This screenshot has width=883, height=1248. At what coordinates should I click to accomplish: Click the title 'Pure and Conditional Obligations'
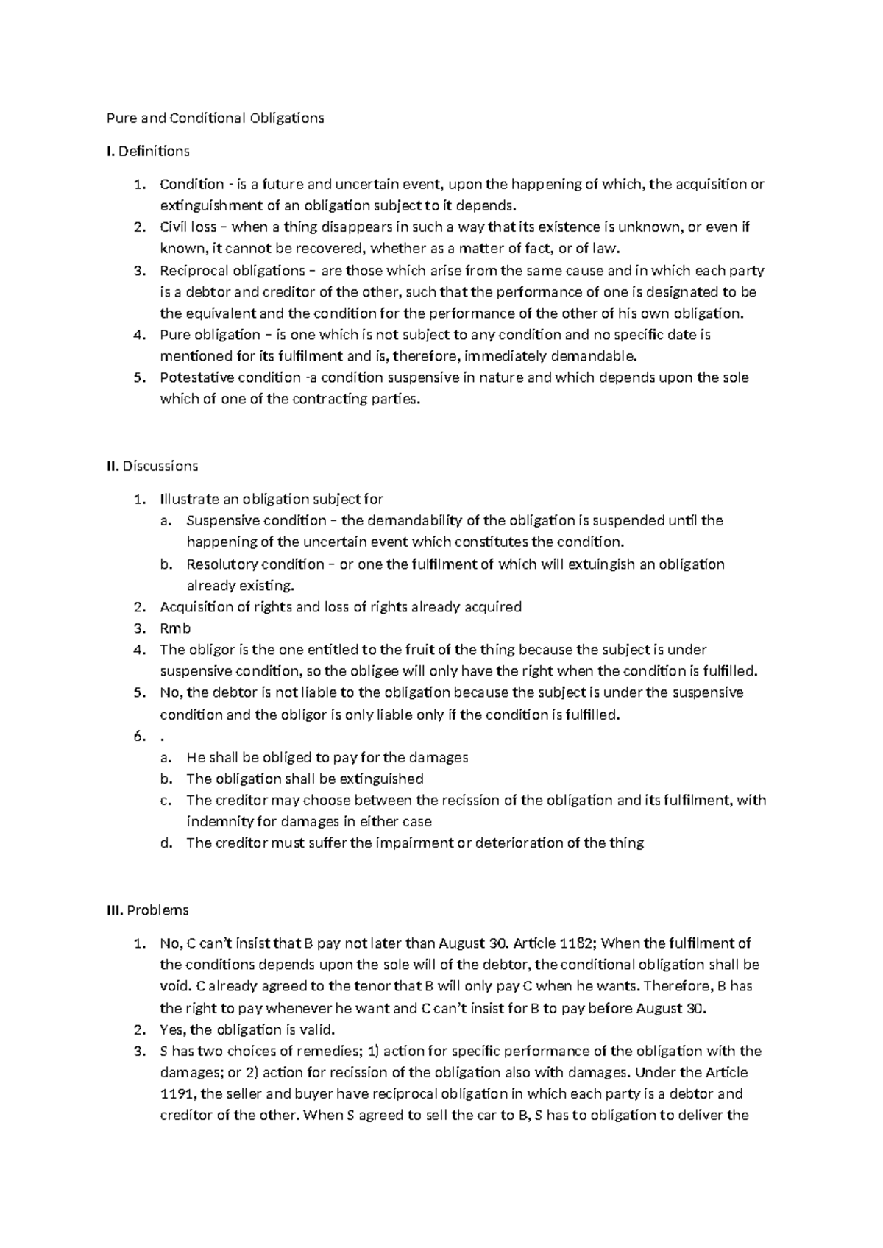(x=215, y=118)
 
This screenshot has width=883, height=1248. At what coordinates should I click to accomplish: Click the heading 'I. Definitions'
(x=148, y=151)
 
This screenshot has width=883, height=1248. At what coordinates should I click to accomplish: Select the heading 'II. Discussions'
(x=152, y=466)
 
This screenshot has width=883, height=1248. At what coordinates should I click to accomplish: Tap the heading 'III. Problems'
(x=147, y=910)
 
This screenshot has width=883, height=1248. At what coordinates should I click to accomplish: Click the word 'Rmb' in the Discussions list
(x=175, y=628)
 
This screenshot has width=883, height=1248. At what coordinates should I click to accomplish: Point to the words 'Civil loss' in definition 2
(x=188, y=227)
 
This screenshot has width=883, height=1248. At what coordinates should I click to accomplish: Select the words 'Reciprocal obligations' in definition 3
(x=232, y=270)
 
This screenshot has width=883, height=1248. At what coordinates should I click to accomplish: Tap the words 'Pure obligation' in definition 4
(x=210, y=335)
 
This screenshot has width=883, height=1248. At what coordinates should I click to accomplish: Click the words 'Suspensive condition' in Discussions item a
(x=256, y=520)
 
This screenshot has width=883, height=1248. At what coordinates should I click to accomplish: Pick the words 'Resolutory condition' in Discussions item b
(x=255, y=564)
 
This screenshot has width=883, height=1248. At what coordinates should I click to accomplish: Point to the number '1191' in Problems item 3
(x=177, y=1093)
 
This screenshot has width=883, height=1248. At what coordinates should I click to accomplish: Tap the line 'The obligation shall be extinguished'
(x=305, y=779)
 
